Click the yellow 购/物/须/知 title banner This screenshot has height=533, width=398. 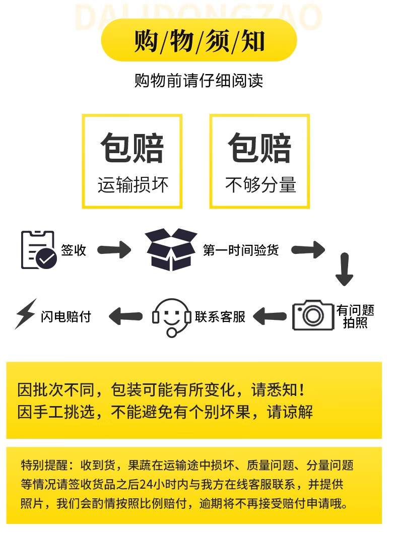coord(199,40)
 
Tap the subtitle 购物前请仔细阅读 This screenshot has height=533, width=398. coord(199,81)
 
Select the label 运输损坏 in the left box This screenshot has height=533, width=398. coord(132,185)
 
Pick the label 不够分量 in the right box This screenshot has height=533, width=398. coord(260,185)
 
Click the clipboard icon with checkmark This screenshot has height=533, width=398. coord(38,250)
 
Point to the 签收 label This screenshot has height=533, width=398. coord(74,250)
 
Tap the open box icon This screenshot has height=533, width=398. coord(171,249)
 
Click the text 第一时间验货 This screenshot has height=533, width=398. coord(241,250)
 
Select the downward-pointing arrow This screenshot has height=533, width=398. coord(344,269)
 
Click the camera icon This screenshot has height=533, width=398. coord(313,315)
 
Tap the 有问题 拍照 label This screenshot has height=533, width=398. coord(355,316)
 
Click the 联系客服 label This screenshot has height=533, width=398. coord(220,317)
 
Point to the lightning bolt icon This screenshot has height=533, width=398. coord(26,314)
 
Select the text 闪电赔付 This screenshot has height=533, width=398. coord(66,317)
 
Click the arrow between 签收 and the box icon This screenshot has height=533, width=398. coord(114,250)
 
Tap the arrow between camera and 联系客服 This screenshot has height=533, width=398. coord(270,316)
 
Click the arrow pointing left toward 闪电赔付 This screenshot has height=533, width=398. coord(125,316)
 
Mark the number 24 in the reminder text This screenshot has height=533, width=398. coord(146,484)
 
